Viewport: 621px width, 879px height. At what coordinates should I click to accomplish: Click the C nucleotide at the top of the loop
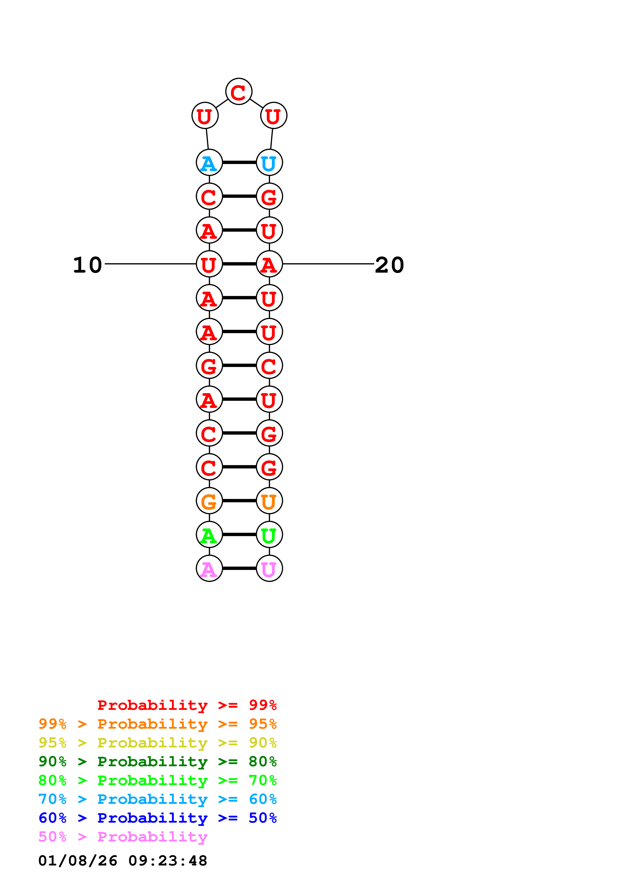click(x=238, y=92)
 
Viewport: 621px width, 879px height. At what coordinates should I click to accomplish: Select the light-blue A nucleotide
click(x=209, y=163)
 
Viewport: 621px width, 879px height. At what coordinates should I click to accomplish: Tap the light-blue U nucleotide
click(x=269, y=163)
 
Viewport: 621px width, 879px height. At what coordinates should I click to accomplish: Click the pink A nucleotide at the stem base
click(x=209, y=569)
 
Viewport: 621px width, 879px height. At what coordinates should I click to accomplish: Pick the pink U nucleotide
click(x=269, y=569)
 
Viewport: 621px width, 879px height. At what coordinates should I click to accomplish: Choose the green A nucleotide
click(x=209, y=535)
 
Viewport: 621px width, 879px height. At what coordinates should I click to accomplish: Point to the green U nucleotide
click(x=269, y=535)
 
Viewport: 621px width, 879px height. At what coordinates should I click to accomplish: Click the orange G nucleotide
click(x=209, y=501)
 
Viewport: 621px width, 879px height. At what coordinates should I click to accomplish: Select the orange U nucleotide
click(x=269, y=501)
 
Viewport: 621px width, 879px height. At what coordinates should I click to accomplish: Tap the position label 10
click(x=88, y=265)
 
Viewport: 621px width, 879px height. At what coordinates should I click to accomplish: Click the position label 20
click(x=389, y=265)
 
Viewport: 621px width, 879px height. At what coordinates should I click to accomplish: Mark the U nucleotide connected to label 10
click(x=209, y=264)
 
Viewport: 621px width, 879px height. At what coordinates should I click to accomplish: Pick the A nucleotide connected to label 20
click(x=269, y=264)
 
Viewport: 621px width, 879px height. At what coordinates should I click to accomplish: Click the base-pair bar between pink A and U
click(x=239, y=569)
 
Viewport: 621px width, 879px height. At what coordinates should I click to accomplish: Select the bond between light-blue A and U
click(x=239, y=163)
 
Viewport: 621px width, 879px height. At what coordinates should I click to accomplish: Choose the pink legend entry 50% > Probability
click(x=123, y=837)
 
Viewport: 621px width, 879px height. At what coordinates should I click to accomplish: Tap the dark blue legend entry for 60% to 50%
click(x=157, y=818)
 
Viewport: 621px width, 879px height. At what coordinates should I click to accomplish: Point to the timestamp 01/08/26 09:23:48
click(x=123, y=861)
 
